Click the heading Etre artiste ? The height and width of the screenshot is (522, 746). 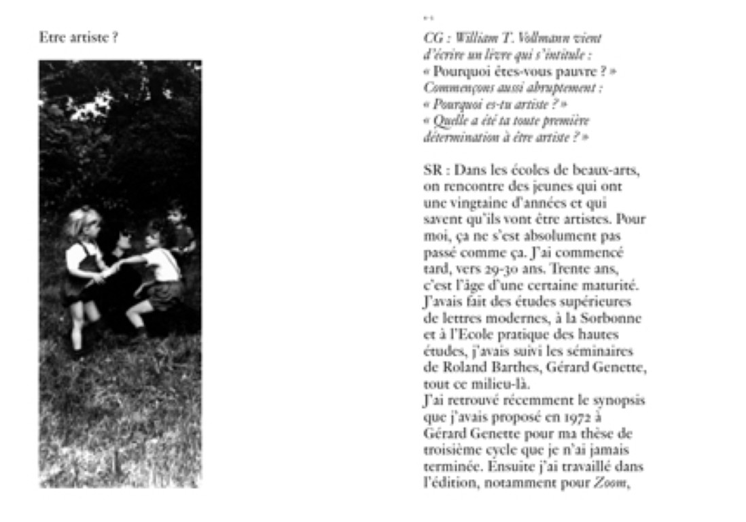pos(79,38)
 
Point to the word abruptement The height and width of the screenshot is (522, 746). pos(568,88)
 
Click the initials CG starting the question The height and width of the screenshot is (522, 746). pos(433,38)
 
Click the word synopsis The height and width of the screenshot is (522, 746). pos(618,401)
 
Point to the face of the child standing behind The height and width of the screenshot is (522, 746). pos(176,213)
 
